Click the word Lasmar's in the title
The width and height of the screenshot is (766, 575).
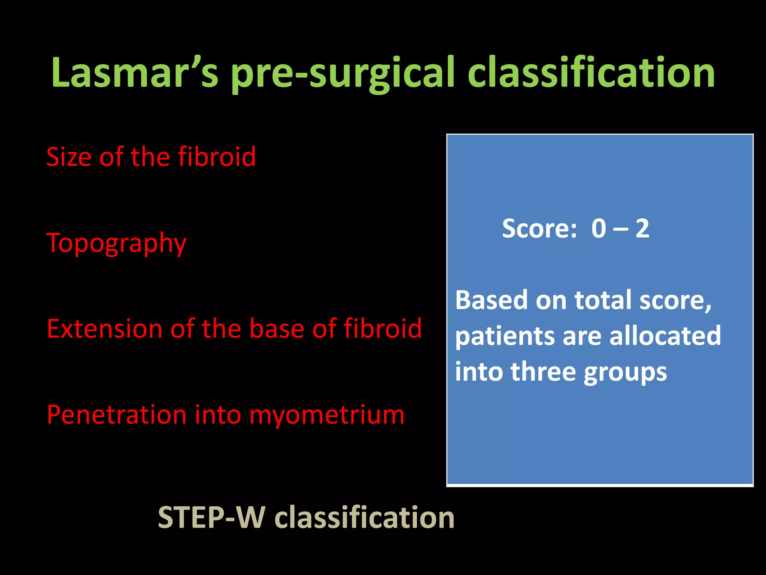tap(135, 73)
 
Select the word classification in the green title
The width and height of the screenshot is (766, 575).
tap(591, 73)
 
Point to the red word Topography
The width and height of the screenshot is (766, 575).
tap(116, 243)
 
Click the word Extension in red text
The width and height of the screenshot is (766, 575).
tap(104, 329)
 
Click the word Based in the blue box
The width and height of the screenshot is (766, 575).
tap(492, 300)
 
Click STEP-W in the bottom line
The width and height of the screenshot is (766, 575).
tap(212, 517)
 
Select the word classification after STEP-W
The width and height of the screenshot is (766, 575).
tap(364, 517)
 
